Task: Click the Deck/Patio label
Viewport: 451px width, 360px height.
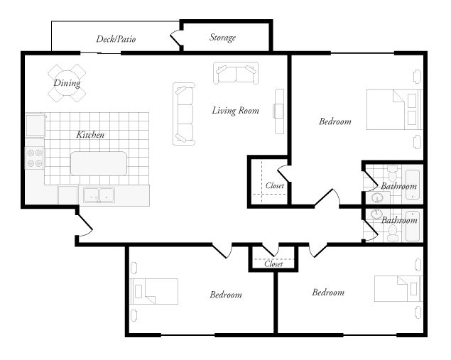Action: (116, 39)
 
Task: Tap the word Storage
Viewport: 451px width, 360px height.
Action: (222, 38)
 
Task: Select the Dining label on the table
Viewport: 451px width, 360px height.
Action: (67, 83)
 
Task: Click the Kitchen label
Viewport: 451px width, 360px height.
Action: (90, 135)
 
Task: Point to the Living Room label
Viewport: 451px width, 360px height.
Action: (236, 111)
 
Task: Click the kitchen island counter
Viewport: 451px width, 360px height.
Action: (99, 163)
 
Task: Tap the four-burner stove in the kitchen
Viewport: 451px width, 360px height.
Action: (35, 158)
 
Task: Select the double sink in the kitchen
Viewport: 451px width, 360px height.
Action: (99, 195)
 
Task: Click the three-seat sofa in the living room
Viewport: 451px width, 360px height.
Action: (184, 114)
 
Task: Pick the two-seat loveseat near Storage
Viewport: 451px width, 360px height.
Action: (236, 73)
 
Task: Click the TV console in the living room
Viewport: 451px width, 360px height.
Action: (278, 111)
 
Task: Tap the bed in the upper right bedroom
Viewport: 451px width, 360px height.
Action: (395, 109)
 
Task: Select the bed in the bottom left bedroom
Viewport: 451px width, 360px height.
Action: (154, 291)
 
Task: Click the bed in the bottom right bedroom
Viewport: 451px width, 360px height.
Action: (398, 289)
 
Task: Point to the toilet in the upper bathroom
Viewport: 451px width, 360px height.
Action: (392, 173)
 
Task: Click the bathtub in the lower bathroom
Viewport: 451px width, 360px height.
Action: (413, 227)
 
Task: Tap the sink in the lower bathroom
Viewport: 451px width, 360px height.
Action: (375, 214)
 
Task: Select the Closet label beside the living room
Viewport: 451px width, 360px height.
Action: (275, 185)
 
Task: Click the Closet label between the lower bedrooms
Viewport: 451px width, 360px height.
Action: (273, 263)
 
